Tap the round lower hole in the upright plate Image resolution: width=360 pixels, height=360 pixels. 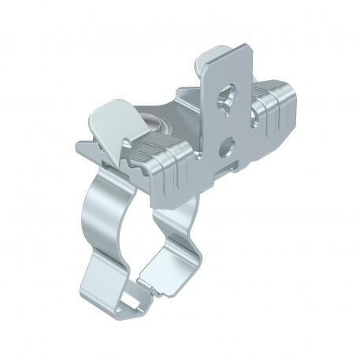pyautogui.click(x=228, y=143)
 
